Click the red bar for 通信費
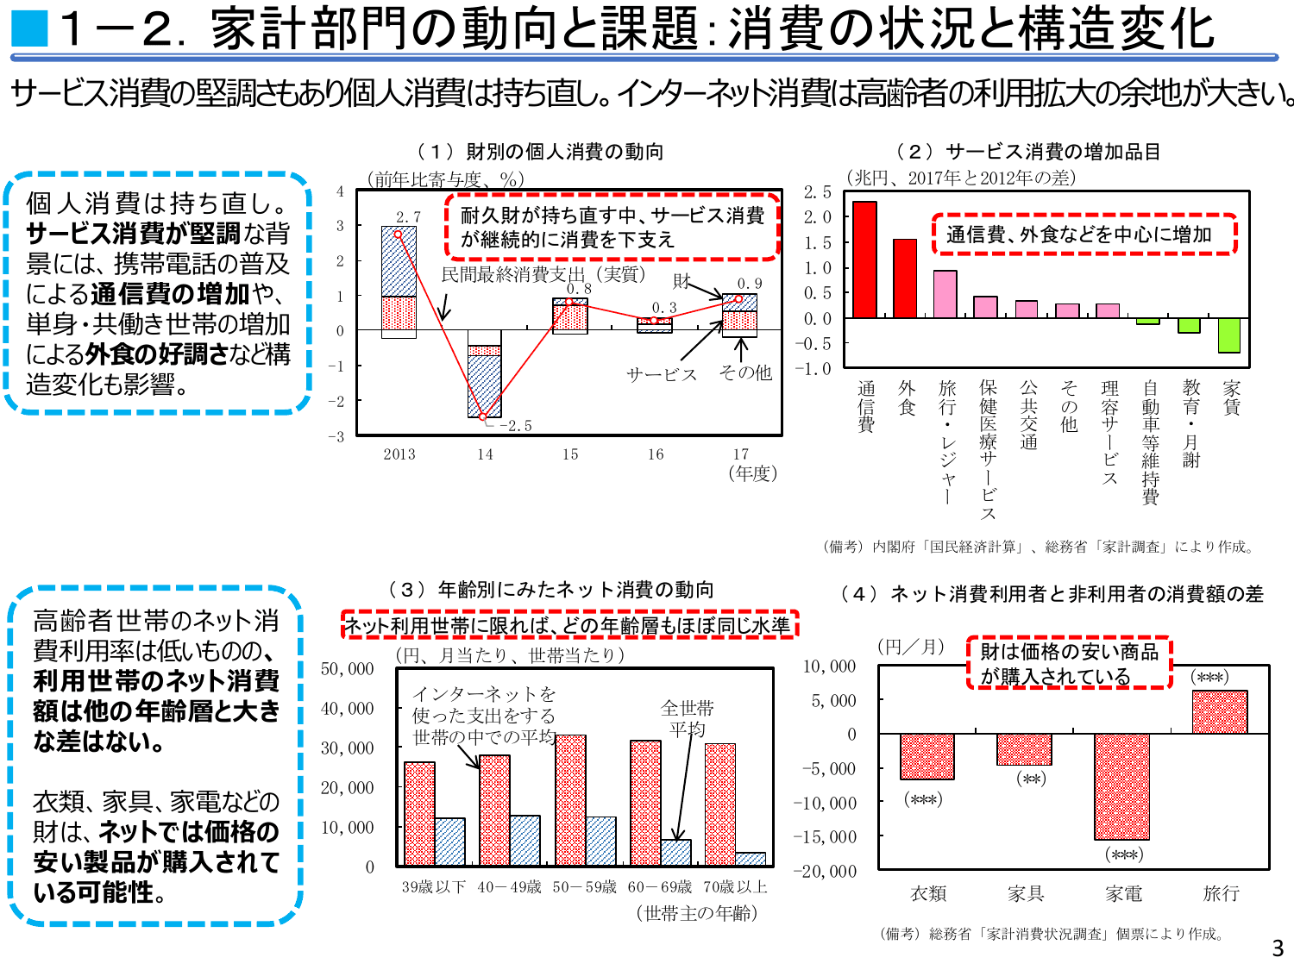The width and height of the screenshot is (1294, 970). point(864,260)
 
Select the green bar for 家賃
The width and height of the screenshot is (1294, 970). point(1229,335)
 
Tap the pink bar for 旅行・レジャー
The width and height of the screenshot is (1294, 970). point(945,294)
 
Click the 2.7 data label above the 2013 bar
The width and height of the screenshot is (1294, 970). point(408,217)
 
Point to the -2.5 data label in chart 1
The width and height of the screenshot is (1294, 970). point(516,426)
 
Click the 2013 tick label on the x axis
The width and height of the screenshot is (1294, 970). point(399,454)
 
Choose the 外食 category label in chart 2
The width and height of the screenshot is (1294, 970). point(907,397)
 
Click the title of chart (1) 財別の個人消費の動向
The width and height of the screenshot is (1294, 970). point(540,152)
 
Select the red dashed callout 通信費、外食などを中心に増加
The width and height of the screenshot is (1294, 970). point(1084,235)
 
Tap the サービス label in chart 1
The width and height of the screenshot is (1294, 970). point(661,374)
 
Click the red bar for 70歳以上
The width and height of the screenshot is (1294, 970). point(720,804)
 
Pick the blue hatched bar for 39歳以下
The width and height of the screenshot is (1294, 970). point(450,842)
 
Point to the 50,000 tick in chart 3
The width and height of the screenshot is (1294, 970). point(348,669)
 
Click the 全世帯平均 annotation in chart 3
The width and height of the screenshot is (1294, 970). point(688,718)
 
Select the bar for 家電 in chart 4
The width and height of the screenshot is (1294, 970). point(1121,786)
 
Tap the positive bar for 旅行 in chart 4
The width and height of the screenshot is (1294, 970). point(1220,712)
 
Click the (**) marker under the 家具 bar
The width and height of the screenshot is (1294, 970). point(1031,779)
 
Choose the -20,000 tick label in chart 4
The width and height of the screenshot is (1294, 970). point(826,872)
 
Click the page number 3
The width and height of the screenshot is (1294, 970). point(1278,948)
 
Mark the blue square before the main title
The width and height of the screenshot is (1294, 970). point(29,28)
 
